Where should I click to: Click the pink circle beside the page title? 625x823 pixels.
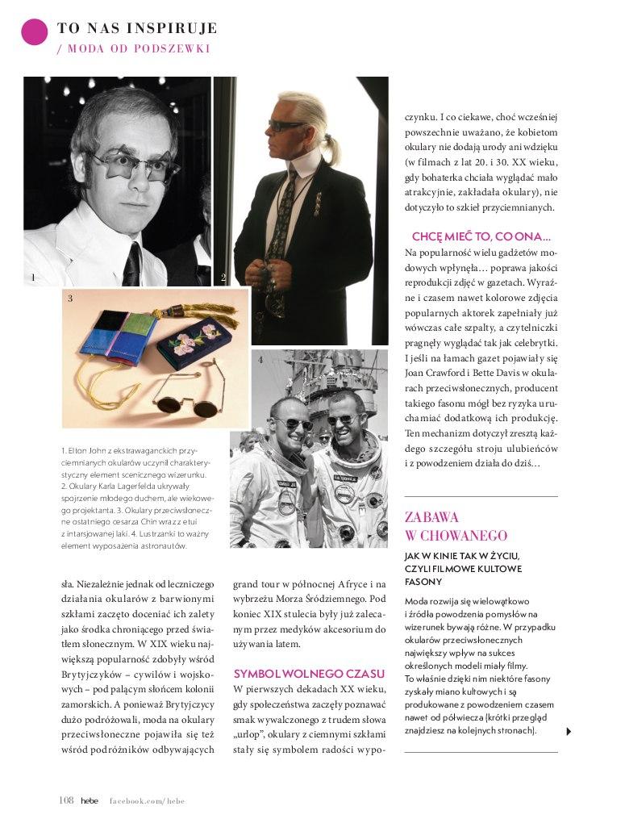[34, 32]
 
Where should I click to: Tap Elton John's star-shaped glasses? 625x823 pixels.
[134, 163]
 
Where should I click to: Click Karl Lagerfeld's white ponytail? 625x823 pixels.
[330, 145]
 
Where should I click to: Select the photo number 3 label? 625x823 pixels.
[70, 299]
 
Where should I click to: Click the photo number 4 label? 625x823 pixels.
[260, 360]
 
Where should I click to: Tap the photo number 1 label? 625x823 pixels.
[33, 278]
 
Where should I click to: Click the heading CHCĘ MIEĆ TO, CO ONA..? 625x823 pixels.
[481, 237]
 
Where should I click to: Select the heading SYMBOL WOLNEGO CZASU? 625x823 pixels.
[309, 672]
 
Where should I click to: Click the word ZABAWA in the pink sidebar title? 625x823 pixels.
[431, 517]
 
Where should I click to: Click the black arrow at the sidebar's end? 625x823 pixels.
[569, 731]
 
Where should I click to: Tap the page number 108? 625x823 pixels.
[66, 800]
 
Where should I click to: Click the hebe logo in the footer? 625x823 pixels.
[89, 800]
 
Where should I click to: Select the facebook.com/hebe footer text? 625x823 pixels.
[147, 800]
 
